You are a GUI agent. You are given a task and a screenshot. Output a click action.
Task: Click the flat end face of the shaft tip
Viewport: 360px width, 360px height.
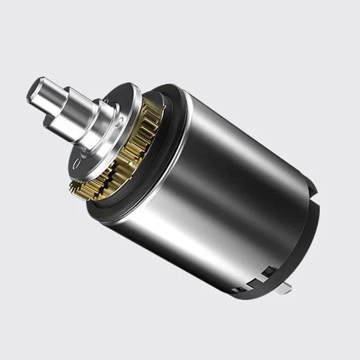37,91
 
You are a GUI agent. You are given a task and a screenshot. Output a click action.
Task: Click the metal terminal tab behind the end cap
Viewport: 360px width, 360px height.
286,289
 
